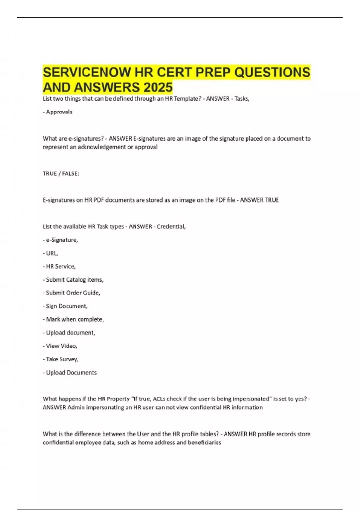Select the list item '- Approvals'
click(x=58, y=112)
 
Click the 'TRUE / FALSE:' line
click(x=61, y=174)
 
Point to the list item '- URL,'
click(x=50, y=253)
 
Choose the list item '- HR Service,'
click(x=59, y=266)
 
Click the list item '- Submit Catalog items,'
click(x=73, y=280)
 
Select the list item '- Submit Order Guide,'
click(x=71, y=293)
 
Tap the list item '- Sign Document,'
click(x=65, y=306)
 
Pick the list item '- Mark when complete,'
click(x=73, y=319)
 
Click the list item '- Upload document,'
click(x=69, y=333)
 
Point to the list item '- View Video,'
click(x=60, y=346)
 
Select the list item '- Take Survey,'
click(x=60, y=359)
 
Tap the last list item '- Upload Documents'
click(x=70, y=373)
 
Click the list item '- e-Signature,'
click(x=60, y=240)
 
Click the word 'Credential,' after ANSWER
click(x=171, y=226)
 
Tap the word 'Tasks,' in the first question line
click(x=242, y=99)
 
